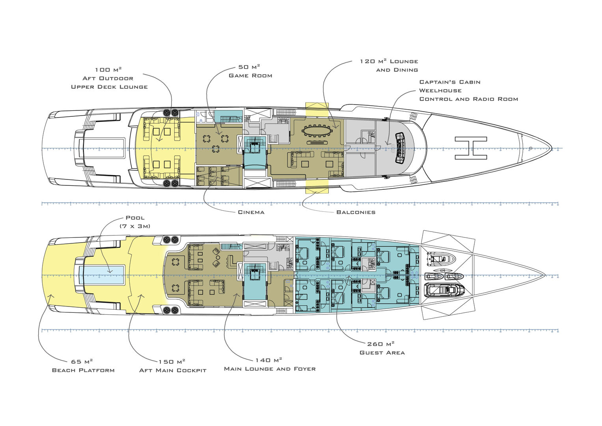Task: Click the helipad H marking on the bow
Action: pyautogui.click(x=471, y=148)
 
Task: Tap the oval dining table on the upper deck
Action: pyautogui.click(x=317, y=130)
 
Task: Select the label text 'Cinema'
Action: pyautogui.click(x=251, y=212)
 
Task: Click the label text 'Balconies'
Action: pyautogui.click(x=356, y=212)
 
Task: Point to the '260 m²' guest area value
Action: pyautogui.click(x=380, y=344)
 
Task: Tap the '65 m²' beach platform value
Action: pyautogui.click(x=82, y=361)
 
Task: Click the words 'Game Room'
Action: pyautogui.click(x=250, y=76)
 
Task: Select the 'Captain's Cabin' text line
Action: pyautogui.click(x=450, y=82)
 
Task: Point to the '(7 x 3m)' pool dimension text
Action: pyautogui.click(x=135, y=226)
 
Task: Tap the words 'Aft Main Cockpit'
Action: pyautogui.click(x=173, y=370)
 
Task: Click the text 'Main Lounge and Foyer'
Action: pyautogui.click(x=270, y=369)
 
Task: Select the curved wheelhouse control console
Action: pyautogui.click(x=401, y=148)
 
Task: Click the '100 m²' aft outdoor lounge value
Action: pyautogui.click(x=108, y=70)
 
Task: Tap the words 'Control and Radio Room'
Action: pyautogui.click(x=468, y=99)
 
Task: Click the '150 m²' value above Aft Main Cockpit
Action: pyautogui.click(x=172, y=361)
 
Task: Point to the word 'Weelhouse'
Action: pyautogui.click(x=440, y=91)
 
